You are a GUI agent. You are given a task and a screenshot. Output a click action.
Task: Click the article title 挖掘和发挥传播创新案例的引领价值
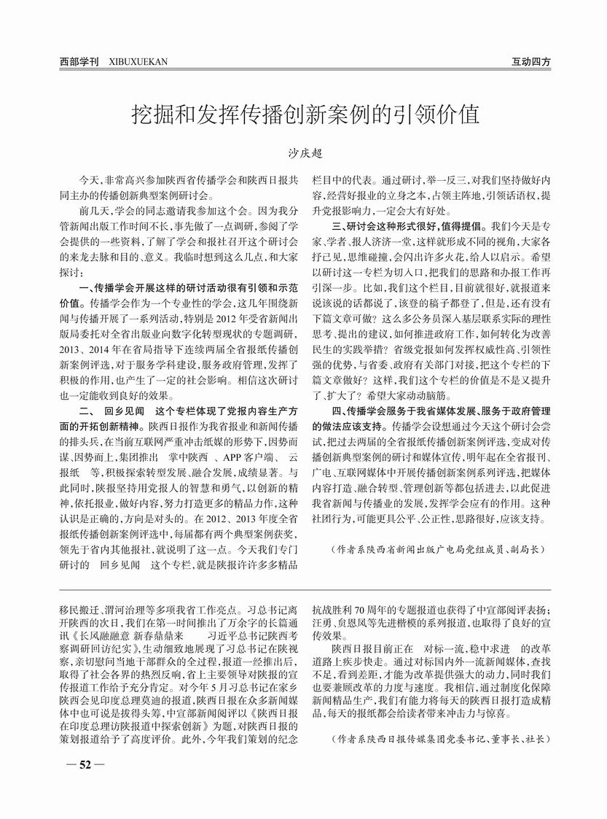pyautogui.click(x=304, y=114)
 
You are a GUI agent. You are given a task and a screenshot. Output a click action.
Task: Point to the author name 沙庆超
pyautogui.click(x=303, y=154)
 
